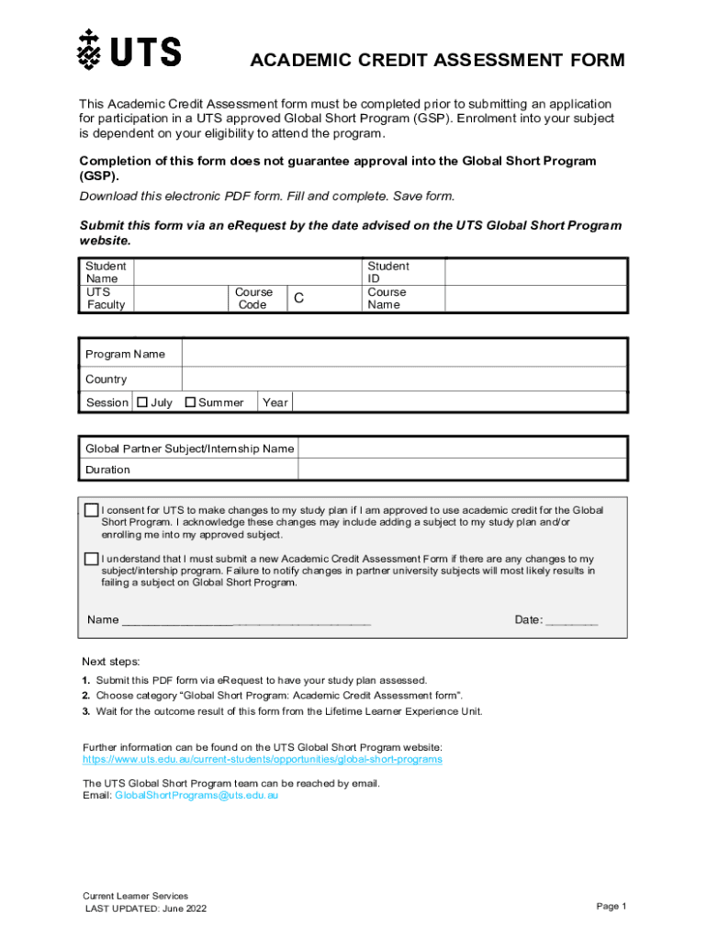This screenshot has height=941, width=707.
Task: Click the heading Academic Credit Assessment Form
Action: (x=438, y=61)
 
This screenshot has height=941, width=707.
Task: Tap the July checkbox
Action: (x=142, y=402)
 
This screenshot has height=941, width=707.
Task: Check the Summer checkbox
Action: (x=191, y=402)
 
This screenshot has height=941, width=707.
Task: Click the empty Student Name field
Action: (x=248, y=272)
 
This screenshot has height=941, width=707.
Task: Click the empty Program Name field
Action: (x=404, y=354)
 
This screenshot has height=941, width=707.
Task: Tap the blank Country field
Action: (x=404, y=379)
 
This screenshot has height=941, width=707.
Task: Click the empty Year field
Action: (x=459, y=402)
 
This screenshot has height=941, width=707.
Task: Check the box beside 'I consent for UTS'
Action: (x=92, y=510)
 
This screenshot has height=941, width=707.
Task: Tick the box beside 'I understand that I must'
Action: (x=92, y=559)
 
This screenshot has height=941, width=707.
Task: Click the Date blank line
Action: (x=572, y=621)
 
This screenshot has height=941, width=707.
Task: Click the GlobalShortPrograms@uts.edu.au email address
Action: (x=196, y=796)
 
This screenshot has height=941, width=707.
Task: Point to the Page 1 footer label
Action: (x=611, y=906)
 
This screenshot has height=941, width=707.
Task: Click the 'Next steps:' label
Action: (x=111, y=662)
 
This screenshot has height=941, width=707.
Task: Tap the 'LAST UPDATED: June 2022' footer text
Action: (x=145, y=909)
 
